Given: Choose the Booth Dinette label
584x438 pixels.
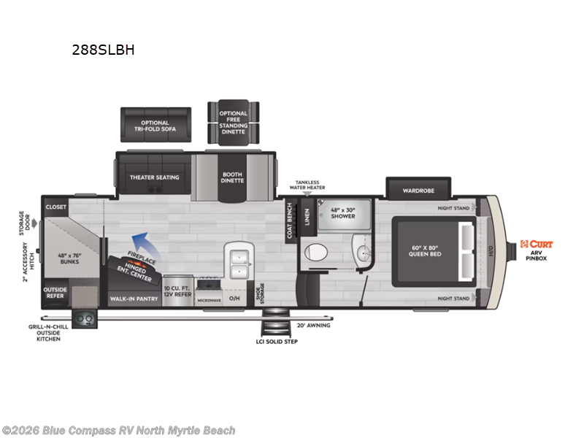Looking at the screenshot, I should coord(234,177).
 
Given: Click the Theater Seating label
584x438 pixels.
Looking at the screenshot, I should coord(154,177).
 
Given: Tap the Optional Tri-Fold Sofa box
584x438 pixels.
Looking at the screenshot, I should coord(155,126).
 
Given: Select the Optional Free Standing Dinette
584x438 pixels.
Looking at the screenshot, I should coord(234,123).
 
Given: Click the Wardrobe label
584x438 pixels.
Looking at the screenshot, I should coord(418,191).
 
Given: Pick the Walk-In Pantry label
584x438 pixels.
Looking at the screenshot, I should coord(134,299).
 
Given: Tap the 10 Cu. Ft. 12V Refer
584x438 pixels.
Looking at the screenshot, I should coord(177,291).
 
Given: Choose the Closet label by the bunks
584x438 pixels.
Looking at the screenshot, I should coord(55,207).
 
